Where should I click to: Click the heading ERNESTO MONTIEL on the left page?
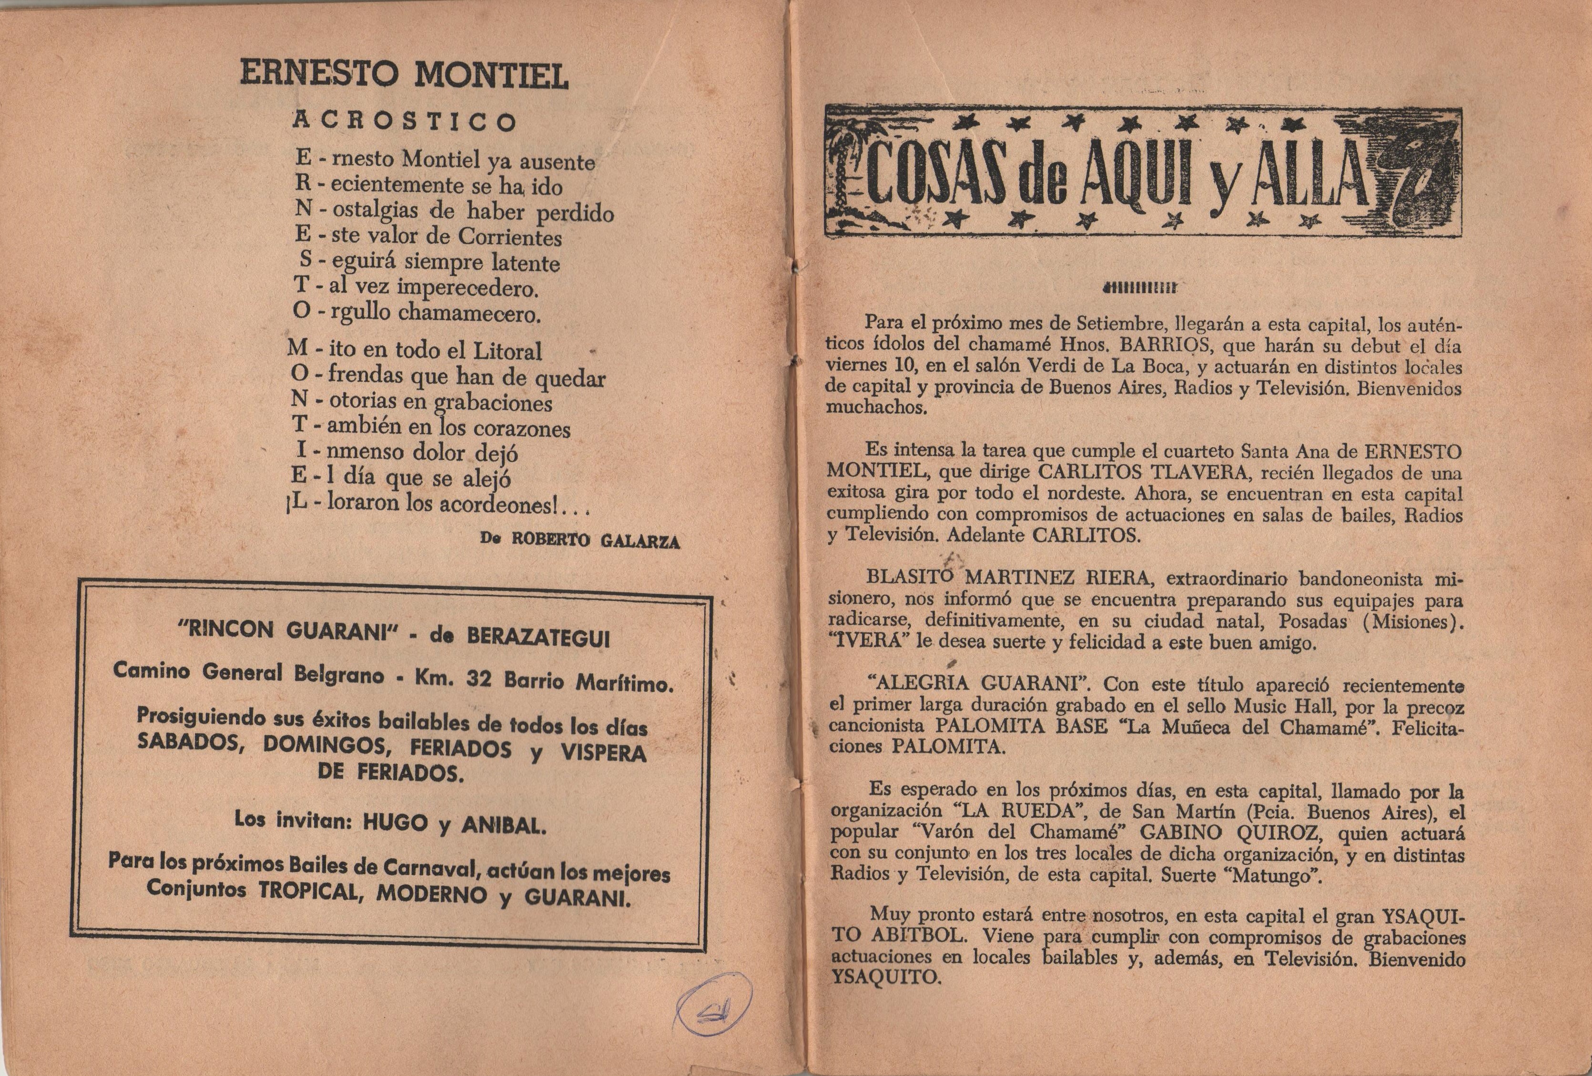404,75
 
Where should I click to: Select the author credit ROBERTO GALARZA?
596,540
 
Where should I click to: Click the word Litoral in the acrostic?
507,351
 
